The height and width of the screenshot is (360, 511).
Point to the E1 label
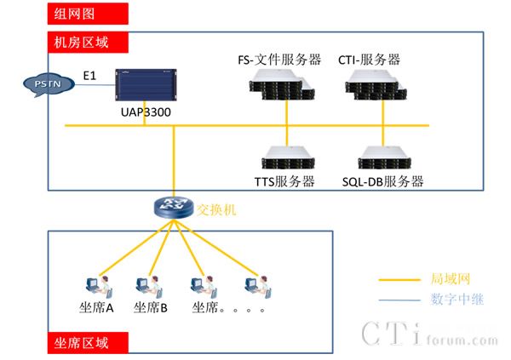click(90, 77)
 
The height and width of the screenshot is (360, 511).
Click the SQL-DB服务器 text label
click(382, 181)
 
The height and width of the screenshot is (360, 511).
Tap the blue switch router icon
click(174, 207)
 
